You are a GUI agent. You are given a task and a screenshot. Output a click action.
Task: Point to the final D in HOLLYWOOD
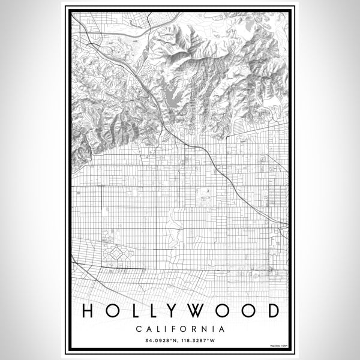tap(273, 311)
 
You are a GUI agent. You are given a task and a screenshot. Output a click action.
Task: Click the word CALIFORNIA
tap(180, 329)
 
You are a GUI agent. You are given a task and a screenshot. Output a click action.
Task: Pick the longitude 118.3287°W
tap(199, 340)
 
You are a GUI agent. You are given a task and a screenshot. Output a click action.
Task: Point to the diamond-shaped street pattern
tap(113, 256)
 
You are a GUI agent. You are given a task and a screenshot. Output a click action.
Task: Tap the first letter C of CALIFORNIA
tap(139, 329)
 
